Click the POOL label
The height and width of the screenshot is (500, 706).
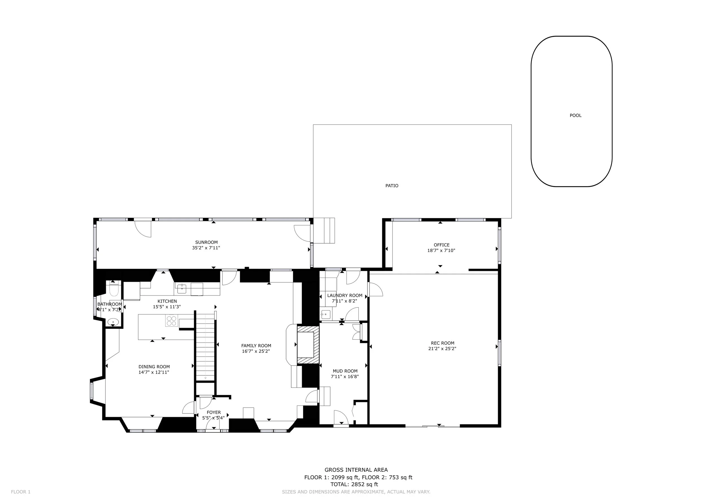pos(575,115)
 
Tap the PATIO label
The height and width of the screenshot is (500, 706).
pos(392,186)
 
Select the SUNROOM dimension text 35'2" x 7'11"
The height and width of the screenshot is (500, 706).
pos(206,248)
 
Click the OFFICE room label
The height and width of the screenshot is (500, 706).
pos(442,245)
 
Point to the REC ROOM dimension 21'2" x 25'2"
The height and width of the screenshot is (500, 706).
pos(442,348)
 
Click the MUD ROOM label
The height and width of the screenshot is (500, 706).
pos(345,371)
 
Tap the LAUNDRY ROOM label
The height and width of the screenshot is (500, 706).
pos(345,295)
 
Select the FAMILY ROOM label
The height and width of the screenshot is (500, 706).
pos(256,346)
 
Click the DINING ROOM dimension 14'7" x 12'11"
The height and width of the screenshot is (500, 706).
pos(154,372)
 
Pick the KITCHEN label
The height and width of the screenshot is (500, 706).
pos(167,301)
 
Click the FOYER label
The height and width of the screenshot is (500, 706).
pos(214,412)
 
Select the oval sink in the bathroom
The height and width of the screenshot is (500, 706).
pos(113,322)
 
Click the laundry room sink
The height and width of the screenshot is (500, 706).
pos(325,315)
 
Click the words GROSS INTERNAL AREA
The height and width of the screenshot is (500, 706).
pos(356,470)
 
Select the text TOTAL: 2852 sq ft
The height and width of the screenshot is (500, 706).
pos(354,484)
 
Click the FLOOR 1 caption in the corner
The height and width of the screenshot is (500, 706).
pos(21,492)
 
